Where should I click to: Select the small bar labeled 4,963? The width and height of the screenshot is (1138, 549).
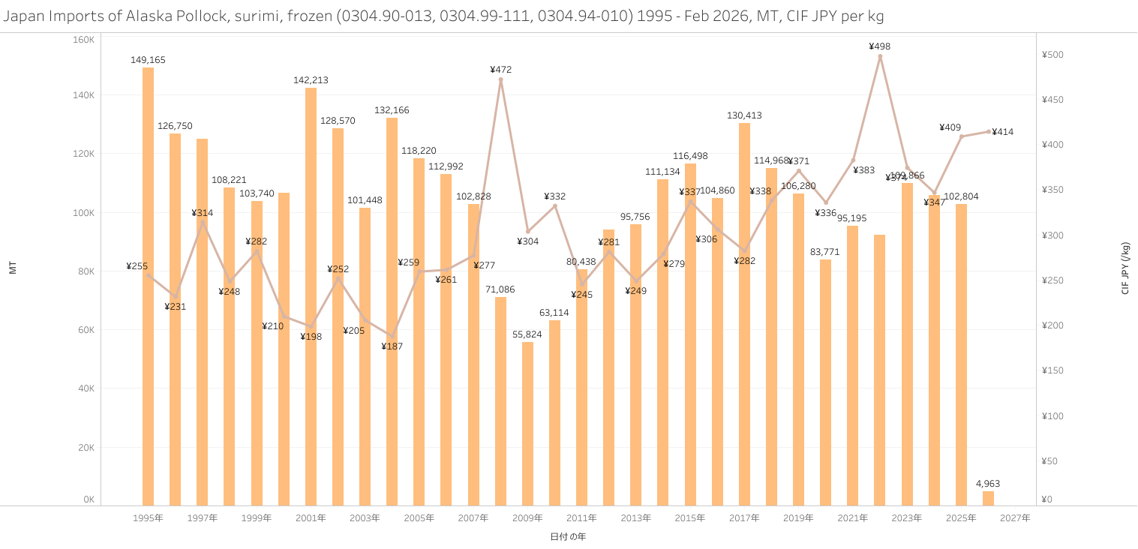(988, 498)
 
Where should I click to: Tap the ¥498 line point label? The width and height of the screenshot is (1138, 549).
(880, 46)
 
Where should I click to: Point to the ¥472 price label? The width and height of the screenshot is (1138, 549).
(500, 70)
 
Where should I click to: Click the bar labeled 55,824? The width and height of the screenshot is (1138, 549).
(527, 424)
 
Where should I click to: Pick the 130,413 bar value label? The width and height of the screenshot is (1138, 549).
(744, 115)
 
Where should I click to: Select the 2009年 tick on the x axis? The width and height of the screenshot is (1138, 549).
(527, 518)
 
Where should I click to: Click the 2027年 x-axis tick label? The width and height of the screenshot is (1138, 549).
(1015, 518)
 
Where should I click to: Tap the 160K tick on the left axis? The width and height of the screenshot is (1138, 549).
(83, 39)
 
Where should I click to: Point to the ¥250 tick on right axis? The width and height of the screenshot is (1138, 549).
(1052, 280)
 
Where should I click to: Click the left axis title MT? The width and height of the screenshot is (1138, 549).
(13, 268)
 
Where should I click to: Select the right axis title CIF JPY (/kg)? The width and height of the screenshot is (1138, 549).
(1125, 268)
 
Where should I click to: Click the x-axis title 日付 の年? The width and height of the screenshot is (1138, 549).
(568, 537)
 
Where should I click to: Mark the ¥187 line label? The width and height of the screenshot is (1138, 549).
(392, 346)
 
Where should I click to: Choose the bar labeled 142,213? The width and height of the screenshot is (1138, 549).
(311, 296)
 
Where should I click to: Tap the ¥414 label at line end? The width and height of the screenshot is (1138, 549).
(1003, 132)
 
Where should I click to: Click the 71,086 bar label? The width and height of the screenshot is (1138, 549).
(500, 289)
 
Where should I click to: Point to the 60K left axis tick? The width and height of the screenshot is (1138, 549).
(84, 330)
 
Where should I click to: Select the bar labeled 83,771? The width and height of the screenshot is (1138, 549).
(825, 382)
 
